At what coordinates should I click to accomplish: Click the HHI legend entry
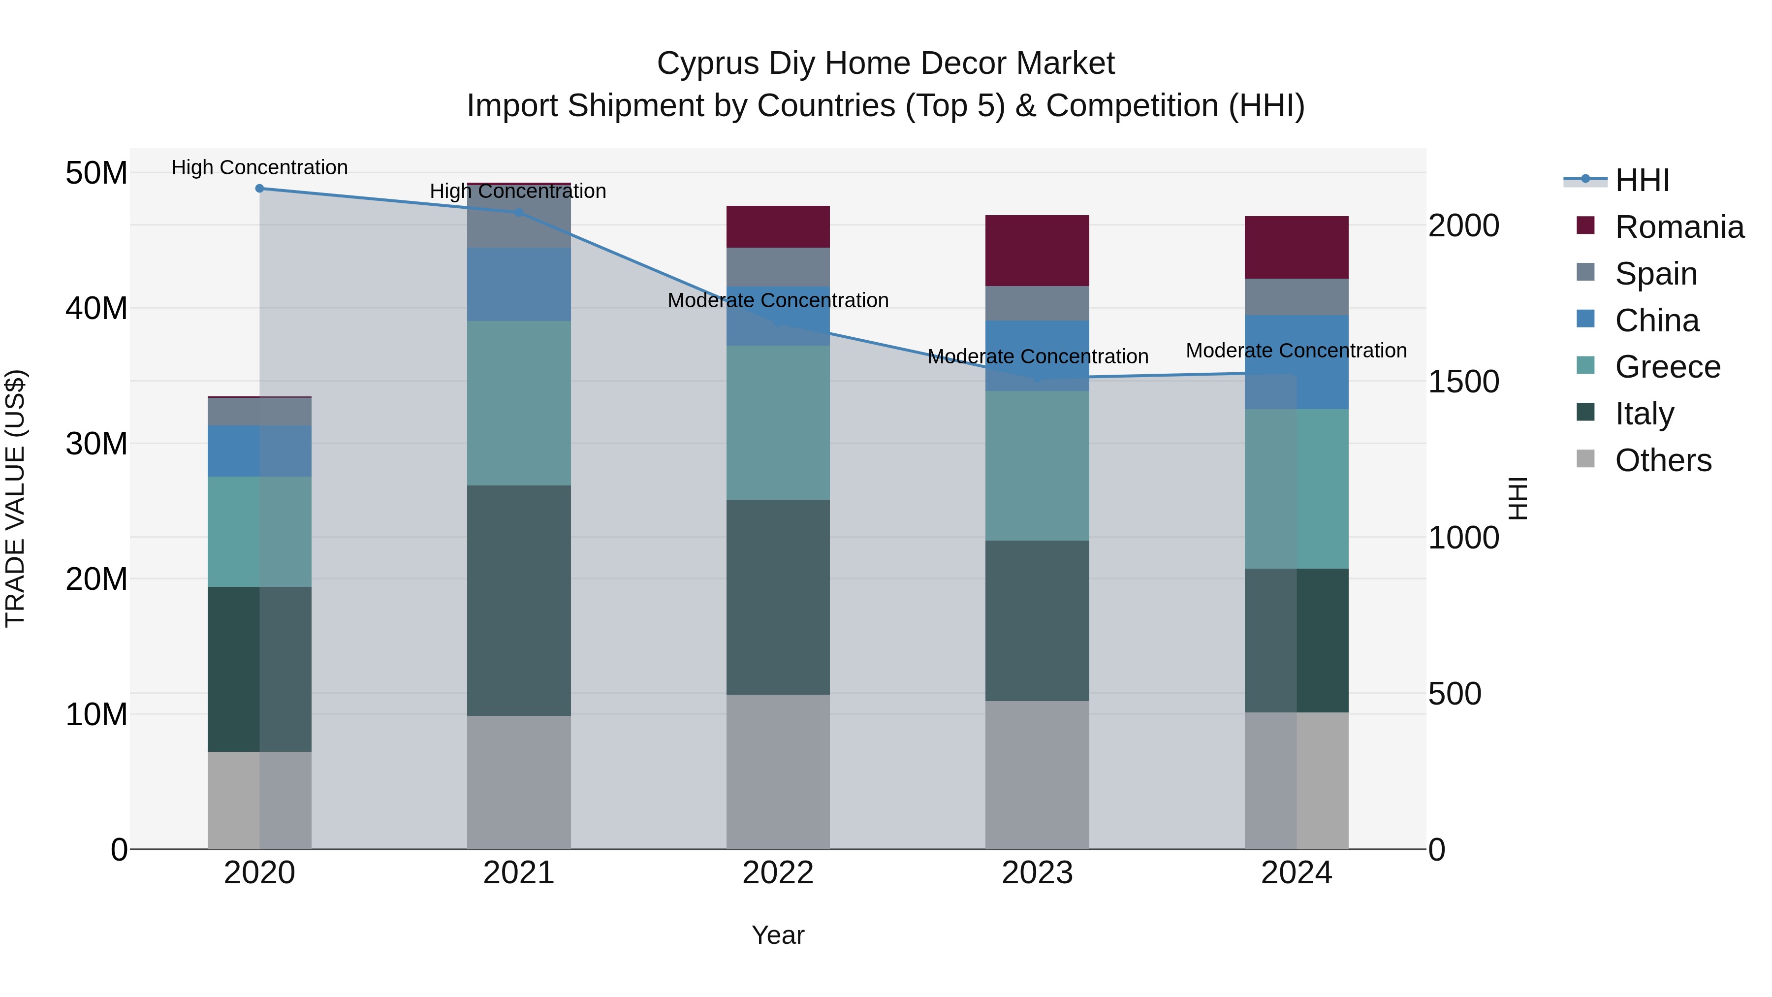pos(1642,180)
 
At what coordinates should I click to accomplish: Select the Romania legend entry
pos(1679,227)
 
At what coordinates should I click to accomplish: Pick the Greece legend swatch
pos(1585,365)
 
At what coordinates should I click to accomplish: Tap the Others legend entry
pos(1663,460)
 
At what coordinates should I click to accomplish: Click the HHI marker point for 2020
pos(259,189)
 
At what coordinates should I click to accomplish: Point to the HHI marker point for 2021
pos(519,213)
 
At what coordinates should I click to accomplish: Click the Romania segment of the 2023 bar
pos(1037,251)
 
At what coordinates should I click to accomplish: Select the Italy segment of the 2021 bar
pos(519,600)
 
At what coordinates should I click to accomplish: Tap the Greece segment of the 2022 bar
pos(778,422)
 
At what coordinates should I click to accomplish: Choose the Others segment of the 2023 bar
pos(1037,775)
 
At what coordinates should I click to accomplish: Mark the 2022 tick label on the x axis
pos(778,873)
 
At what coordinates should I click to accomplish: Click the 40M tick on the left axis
pos(96,308)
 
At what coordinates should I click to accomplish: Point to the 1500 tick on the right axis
pos(1464,382)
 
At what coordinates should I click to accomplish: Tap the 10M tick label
pos(96,715)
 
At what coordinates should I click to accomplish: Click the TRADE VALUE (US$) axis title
pos(15,498)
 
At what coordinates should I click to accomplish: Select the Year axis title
pos(778,935)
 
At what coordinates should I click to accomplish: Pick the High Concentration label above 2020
pos(259,167)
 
